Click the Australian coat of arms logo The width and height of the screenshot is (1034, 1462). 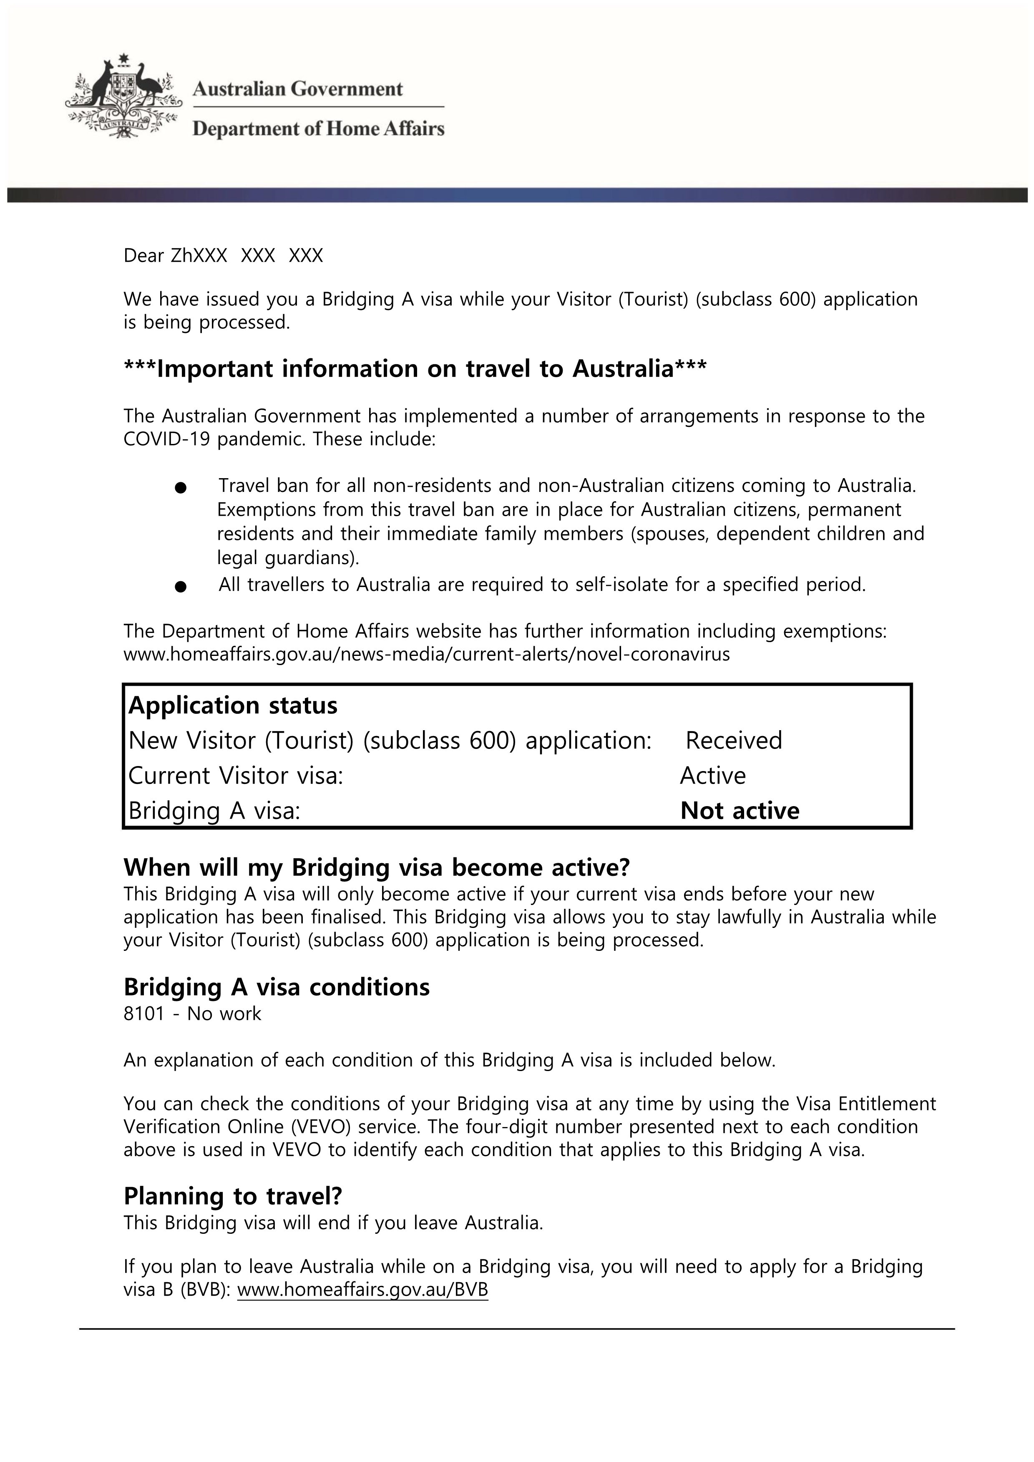(x=123, y=97)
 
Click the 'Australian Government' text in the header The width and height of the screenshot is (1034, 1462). (x=297, y=89)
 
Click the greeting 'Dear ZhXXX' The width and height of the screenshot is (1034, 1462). (x=175, y=256)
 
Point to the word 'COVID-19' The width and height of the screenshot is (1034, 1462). (x=166, y=439)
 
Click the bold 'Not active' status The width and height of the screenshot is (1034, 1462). (x=740, y=811)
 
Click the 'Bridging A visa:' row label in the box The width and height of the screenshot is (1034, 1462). (x=214, y=811)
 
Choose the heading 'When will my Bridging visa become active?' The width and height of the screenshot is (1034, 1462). (x=376, y=867)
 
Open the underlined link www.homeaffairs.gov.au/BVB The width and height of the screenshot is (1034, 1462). (x=362, y=1289)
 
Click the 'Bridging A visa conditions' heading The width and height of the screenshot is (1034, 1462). (x=276, y=987)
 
